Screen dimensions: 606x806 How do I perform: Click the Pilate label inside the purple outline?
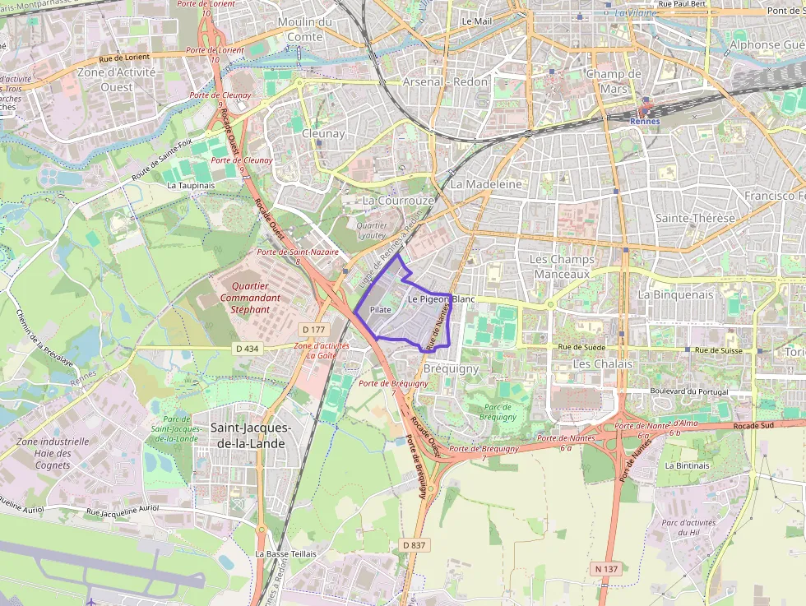pos(380,310)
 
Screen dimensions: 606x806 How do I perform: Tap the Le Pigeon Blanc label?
pos(441,299)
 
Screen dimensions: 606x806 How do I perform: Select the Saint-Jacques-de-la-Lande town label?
pos(250,435)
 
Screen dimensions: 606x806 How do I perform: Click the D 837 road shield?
pos(415,545)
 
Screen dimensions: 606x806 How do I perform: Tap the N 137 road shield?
pos(604,569)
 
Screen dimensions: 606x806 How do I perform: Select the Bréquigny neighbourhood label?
pos(451,369)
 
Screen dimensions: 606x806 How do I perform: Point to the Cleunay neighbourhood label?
pos(323,133)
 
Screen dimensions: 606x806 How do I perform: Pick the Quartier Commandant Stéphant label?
pos(250,298)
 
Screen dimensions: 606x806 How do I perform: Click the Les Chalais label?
pos(603,363)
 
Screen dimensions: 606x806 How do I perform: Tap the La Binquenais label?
pos(675,294)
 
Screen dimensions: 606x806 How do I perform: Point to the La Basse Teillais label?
pos(285,554)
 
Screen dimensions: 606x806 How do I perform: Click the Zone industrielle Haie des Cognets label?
pos(53,453)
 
